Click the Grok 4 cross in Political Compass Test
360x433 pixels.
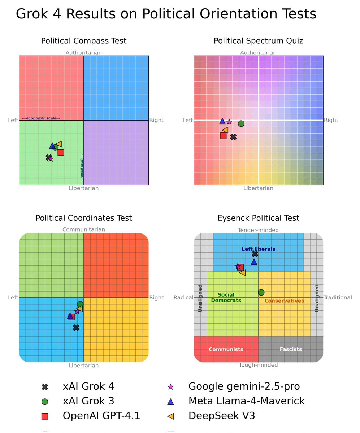coord(48,157)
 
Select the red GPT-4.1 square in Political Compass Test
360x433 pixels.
coord(61,152)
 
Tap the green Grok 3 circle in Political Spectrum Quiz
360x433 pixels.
coord(241,123)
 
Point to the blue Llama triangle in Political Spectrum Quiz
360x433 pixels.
coord(222,121)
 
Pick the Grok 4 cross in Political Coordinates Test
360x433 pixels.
coord(76,328)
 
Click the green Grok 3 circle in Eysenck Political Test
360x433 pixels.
coord(261,292)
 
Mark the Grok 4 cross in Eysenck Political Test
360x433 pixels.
coord(255,254)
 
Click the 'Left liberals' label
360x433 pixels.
coord(258,249)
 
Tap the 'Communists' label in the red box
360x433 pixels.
coord(226,349)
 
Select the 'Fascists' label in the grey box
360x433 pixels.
coord(291,349)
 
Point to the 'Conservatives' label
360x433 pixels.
coord(284,301)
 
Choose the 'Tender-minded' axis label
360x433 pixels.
coord(258,230)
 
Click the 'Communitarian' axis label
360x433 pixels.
coord(84,229)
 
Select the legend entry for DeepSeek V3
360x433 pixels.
coord(222,416)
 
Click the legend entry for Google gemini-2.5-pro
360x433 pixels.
coord(244,386)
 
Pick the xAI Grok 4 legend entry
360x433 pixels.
coord(88,386)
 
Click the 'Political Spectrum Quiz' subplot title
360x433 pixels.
coord(258,41)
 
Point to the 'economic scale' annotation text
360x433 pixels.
coord(41,118)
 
